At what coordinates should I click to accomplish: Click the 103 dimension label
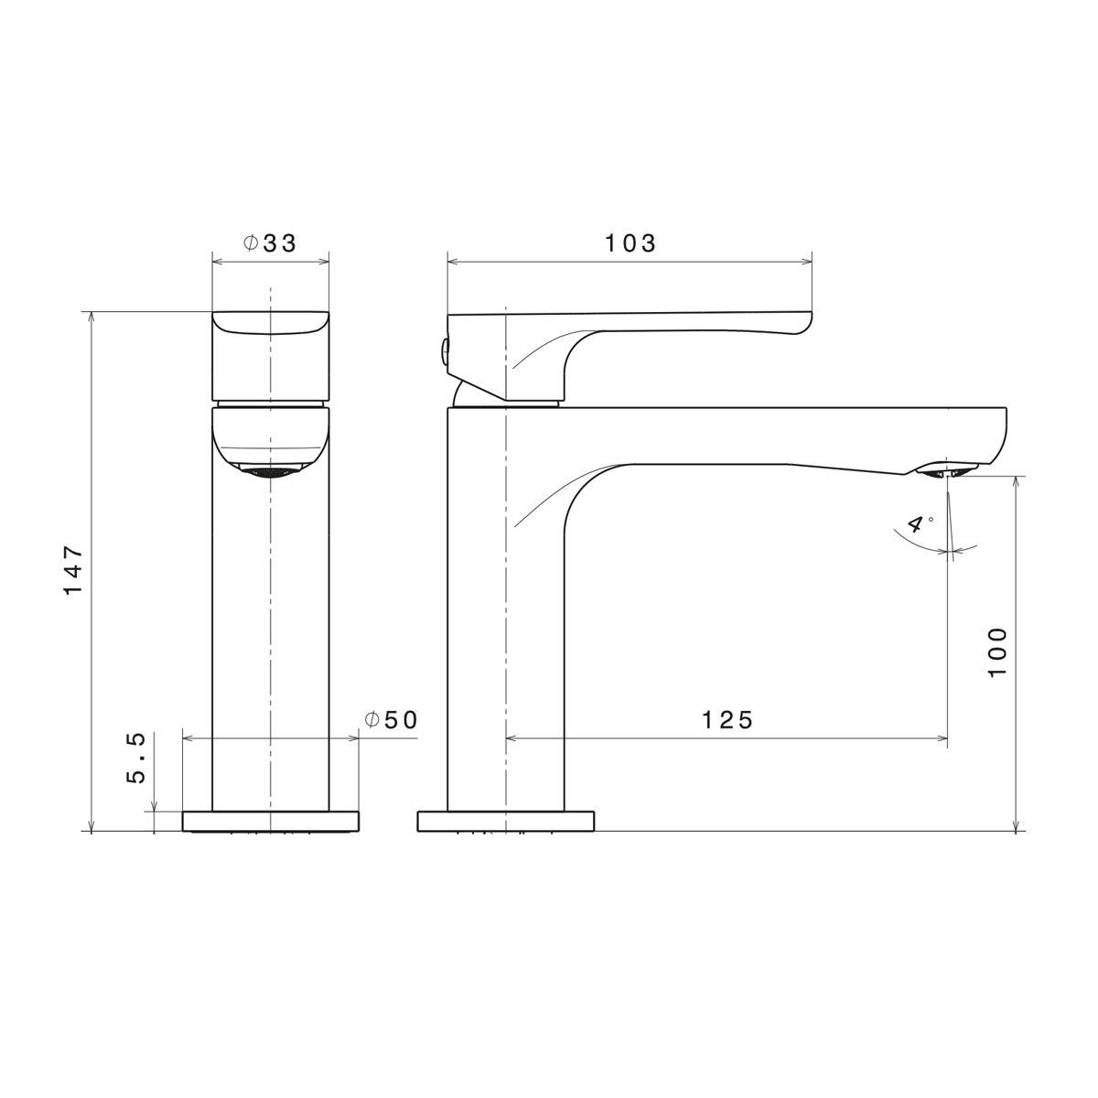[630, 243]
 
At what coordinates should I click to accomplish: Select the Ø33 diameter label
[270, 243]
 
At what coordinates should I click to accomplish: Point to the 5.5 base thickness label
[136, 759]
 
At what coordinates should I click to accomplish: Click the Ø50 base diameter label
[392, 720]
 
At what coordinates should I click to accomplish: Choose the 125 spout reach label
[727, 720]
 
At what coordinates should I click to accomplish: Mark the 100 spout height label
[997, 652]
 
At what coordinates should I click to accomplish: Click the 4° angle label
[918, 522]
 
